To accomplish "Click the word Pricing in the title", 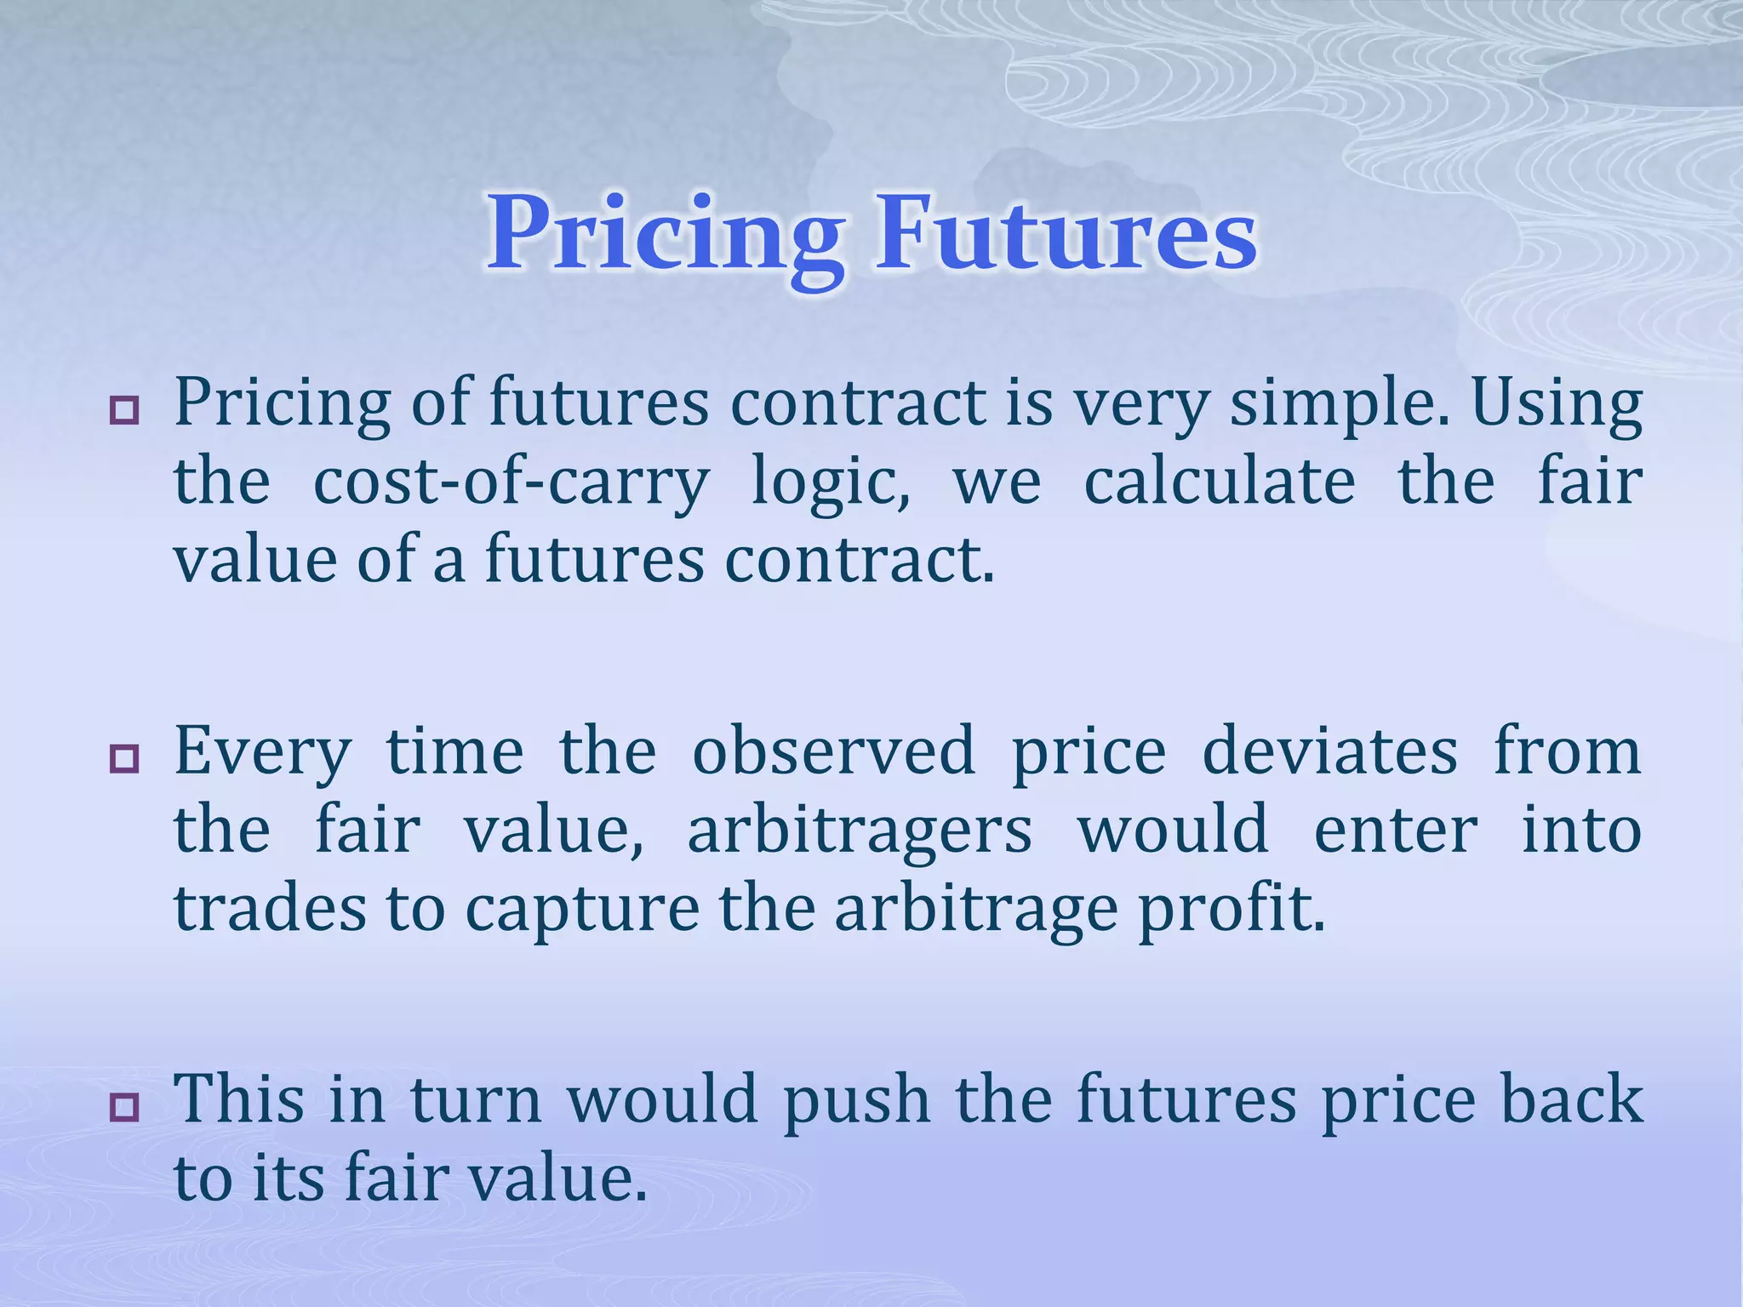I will point(666,234).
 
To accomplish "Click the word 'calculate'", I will point(1219,482).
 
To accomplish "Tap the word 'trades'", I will point(269,909).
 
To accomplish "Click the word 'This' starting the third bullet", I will point(239,1098).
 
